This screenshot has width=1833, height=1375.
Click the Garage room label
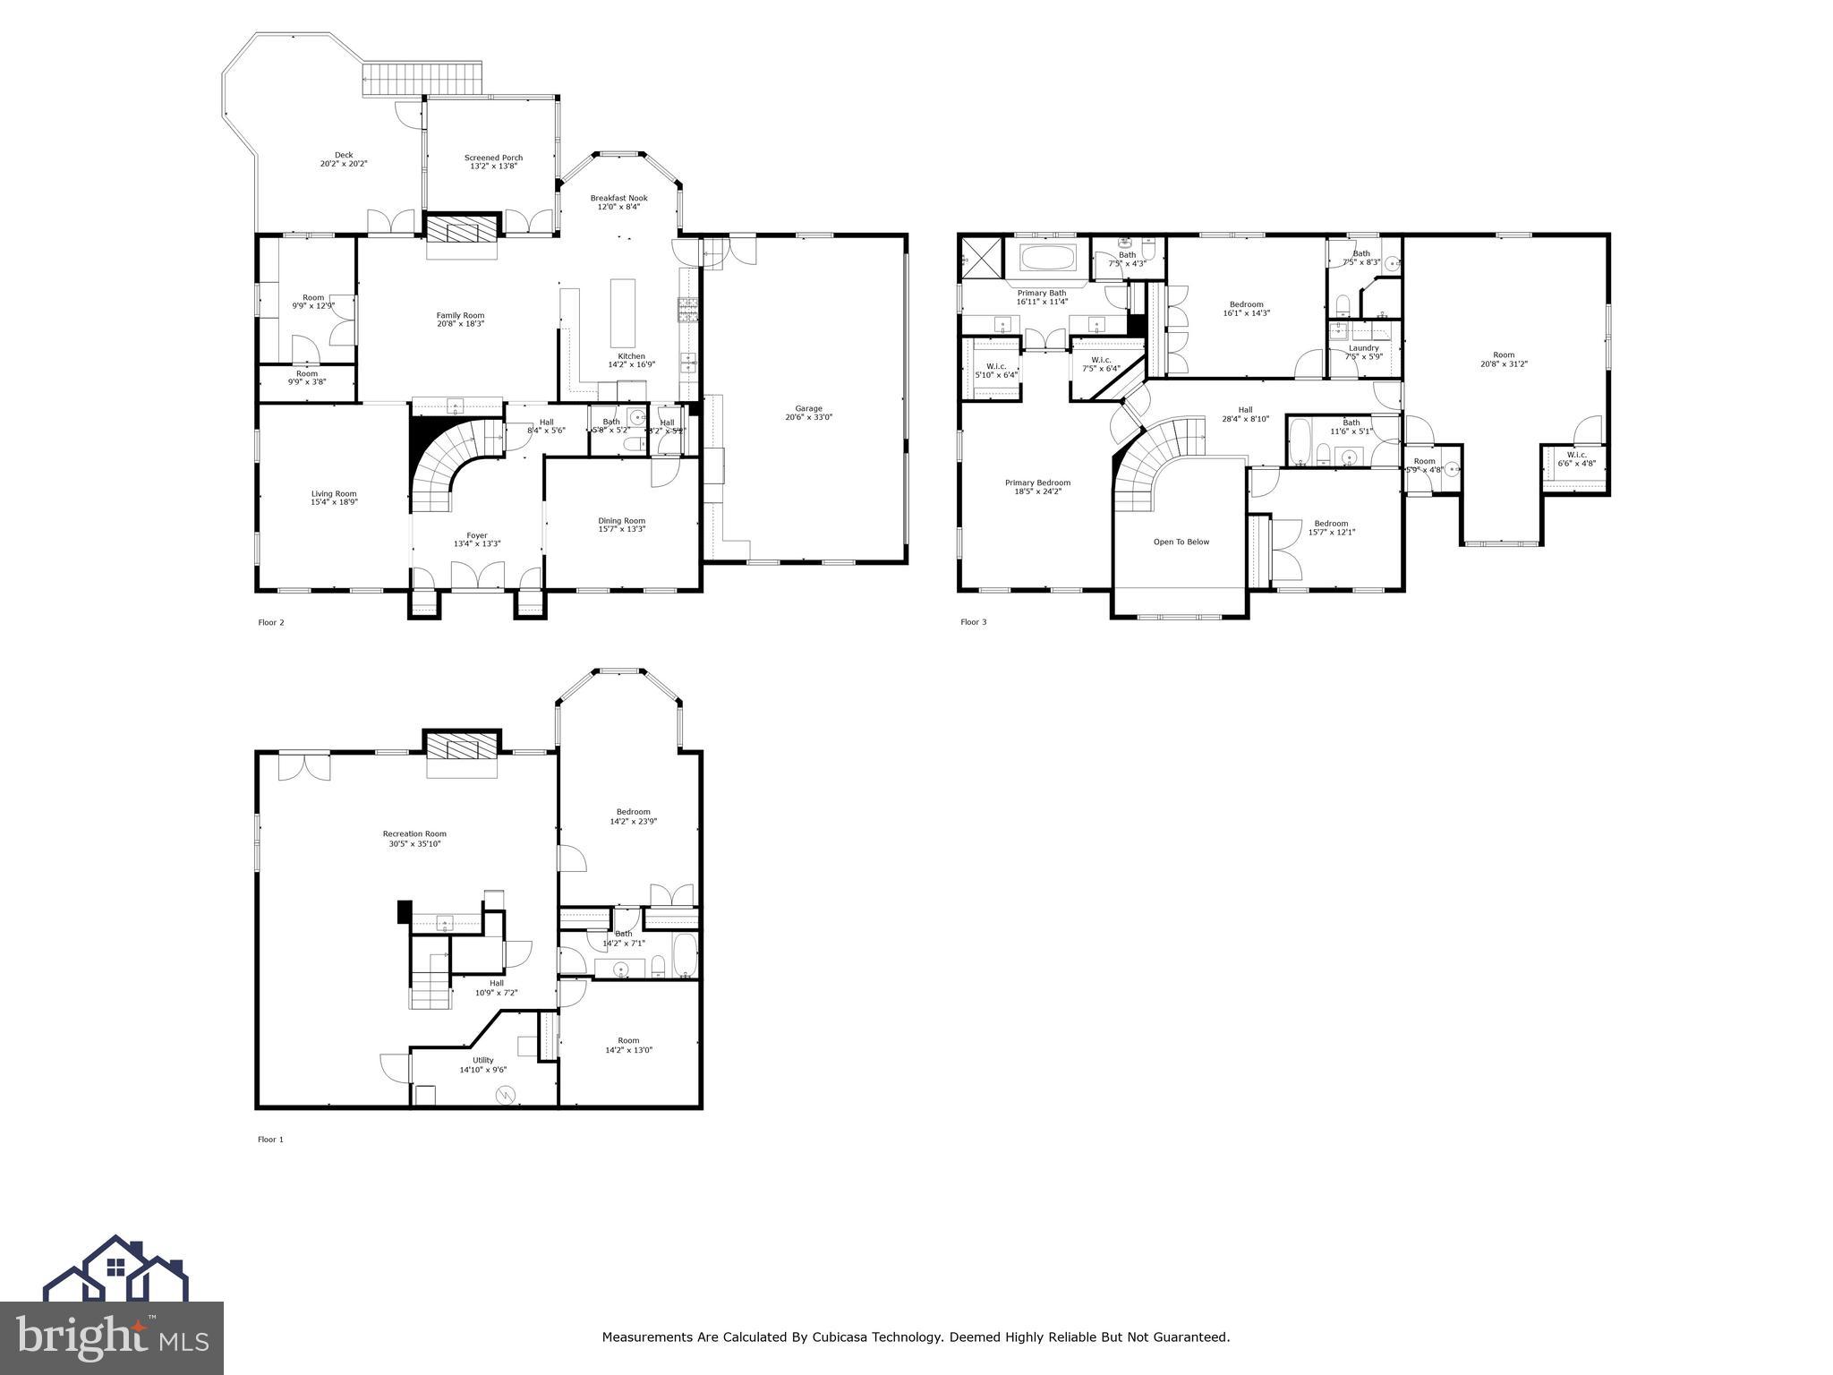tap(808, 408)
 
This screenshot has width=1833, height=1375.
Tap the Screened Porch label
tap(493, 158)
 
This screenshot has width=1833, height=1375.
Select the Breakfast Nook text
tap(618, 198)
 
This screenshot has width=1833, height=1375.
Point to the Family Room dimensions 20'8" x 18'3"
tap(460, 324)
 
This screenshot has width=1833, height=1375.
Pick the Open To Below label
tap(1181, 542)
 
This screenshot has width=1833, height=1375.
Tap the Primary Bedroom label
tap(1037, 483)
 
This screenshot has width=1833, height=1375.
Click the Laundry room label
tap(1363, 347)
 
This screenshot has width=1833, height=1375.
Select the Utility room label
tap(482, 1060)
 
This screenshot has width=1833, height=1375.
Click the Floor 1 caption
tap(270, 1140)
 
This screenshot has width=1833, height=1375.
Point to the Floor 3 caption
tap(973, 622)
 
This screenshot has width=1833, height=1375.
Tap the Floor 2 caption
tap(270, 622)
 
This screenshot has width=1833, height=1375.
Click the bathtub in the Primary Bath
tap(1047, 259)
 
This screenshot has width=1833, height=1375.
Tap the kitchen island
tap(623, 312)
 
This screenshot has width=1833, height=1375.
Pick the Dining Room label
tap(621, 520)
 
